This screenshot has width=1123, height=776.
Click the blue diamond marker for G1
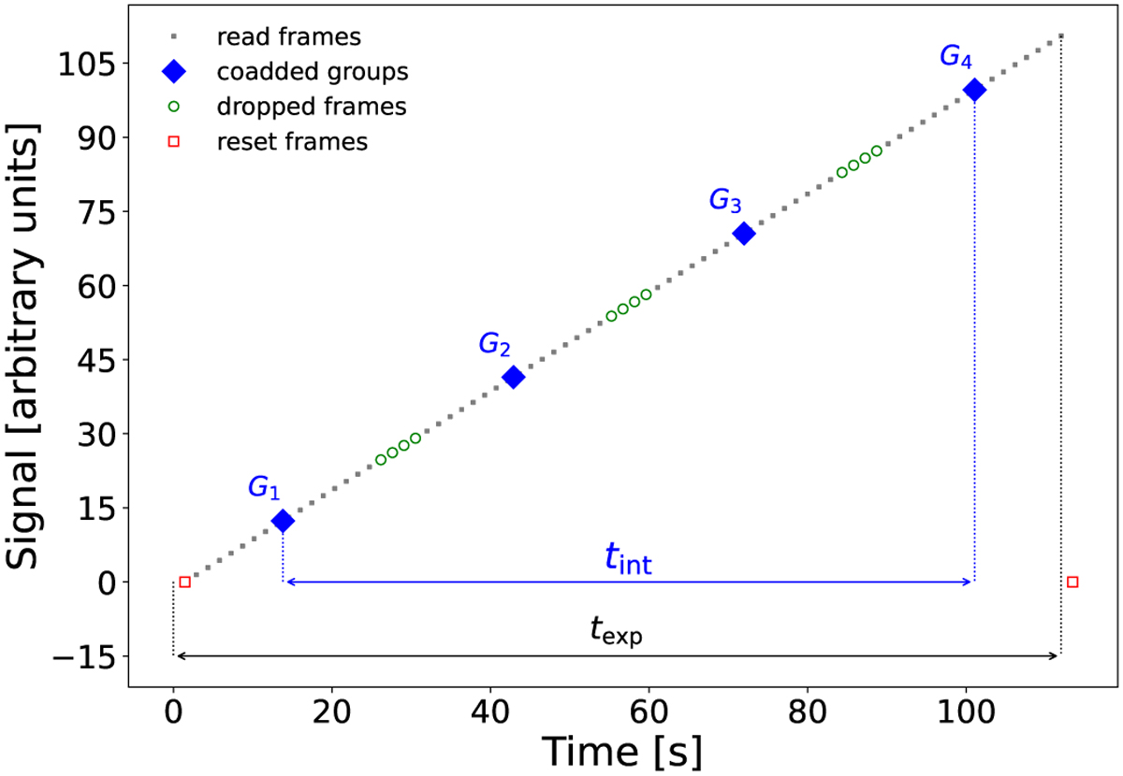[x=283, y=522]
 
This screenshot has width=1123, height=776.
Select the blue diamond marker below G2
[x=513, y=378]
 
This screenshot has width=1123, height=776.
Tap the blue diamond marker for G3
[x=744, y=234]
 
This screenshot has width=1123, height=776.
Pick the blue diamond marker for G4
[x=974, y=90]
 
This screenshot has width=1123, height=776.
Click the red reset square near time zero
[x=184, y=582]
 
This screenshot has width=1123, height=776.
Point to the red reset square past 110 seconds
[x=1072, y=582]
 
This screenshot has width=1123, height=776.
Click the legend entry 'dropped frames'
[x=312, y=107]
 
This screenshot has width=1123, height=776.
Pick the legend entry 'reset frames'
[x=291, y=142]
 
